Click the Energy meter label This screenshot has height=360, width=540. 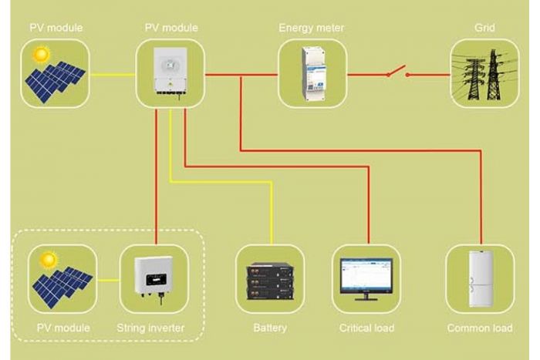(311, 28)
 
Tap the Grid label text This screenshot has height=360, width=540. (484, 28)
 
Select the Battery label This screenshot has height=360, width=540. (270, 328)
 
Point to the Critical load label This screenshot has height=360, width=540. (366, 328)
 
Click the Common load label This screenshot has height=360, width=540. (480, 328)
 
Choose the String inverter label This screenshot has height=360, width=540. (150, 328)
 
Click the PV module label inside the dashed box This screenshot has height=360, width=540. (63, 328)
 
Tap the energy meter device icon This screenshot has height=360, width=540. (313, 74)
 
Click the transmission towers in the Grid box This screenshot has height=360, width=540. (484, 75)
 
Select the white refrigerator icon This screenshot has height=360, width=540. (481, 279)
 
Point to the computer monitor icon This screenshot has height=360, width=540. (366, 279)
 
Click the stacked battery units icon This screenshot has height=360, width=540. (270, 281)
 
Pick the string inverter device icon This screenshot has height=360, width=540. (154, 278)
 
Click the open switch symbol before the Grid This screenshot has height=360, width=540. (398, 72)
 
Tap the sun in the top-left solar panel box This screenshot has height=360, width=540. (42, 55)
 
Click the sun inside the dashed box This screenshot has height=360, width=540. (48, 261)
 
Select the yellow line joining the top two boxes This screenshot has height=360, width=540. (113, 74)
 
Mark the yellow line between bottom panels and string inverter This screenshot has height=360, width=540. (108, 280)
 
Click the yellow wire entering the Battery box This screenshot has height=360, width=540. (272, 214)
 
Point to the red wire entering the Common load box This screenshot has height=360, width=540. (481, 197)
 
